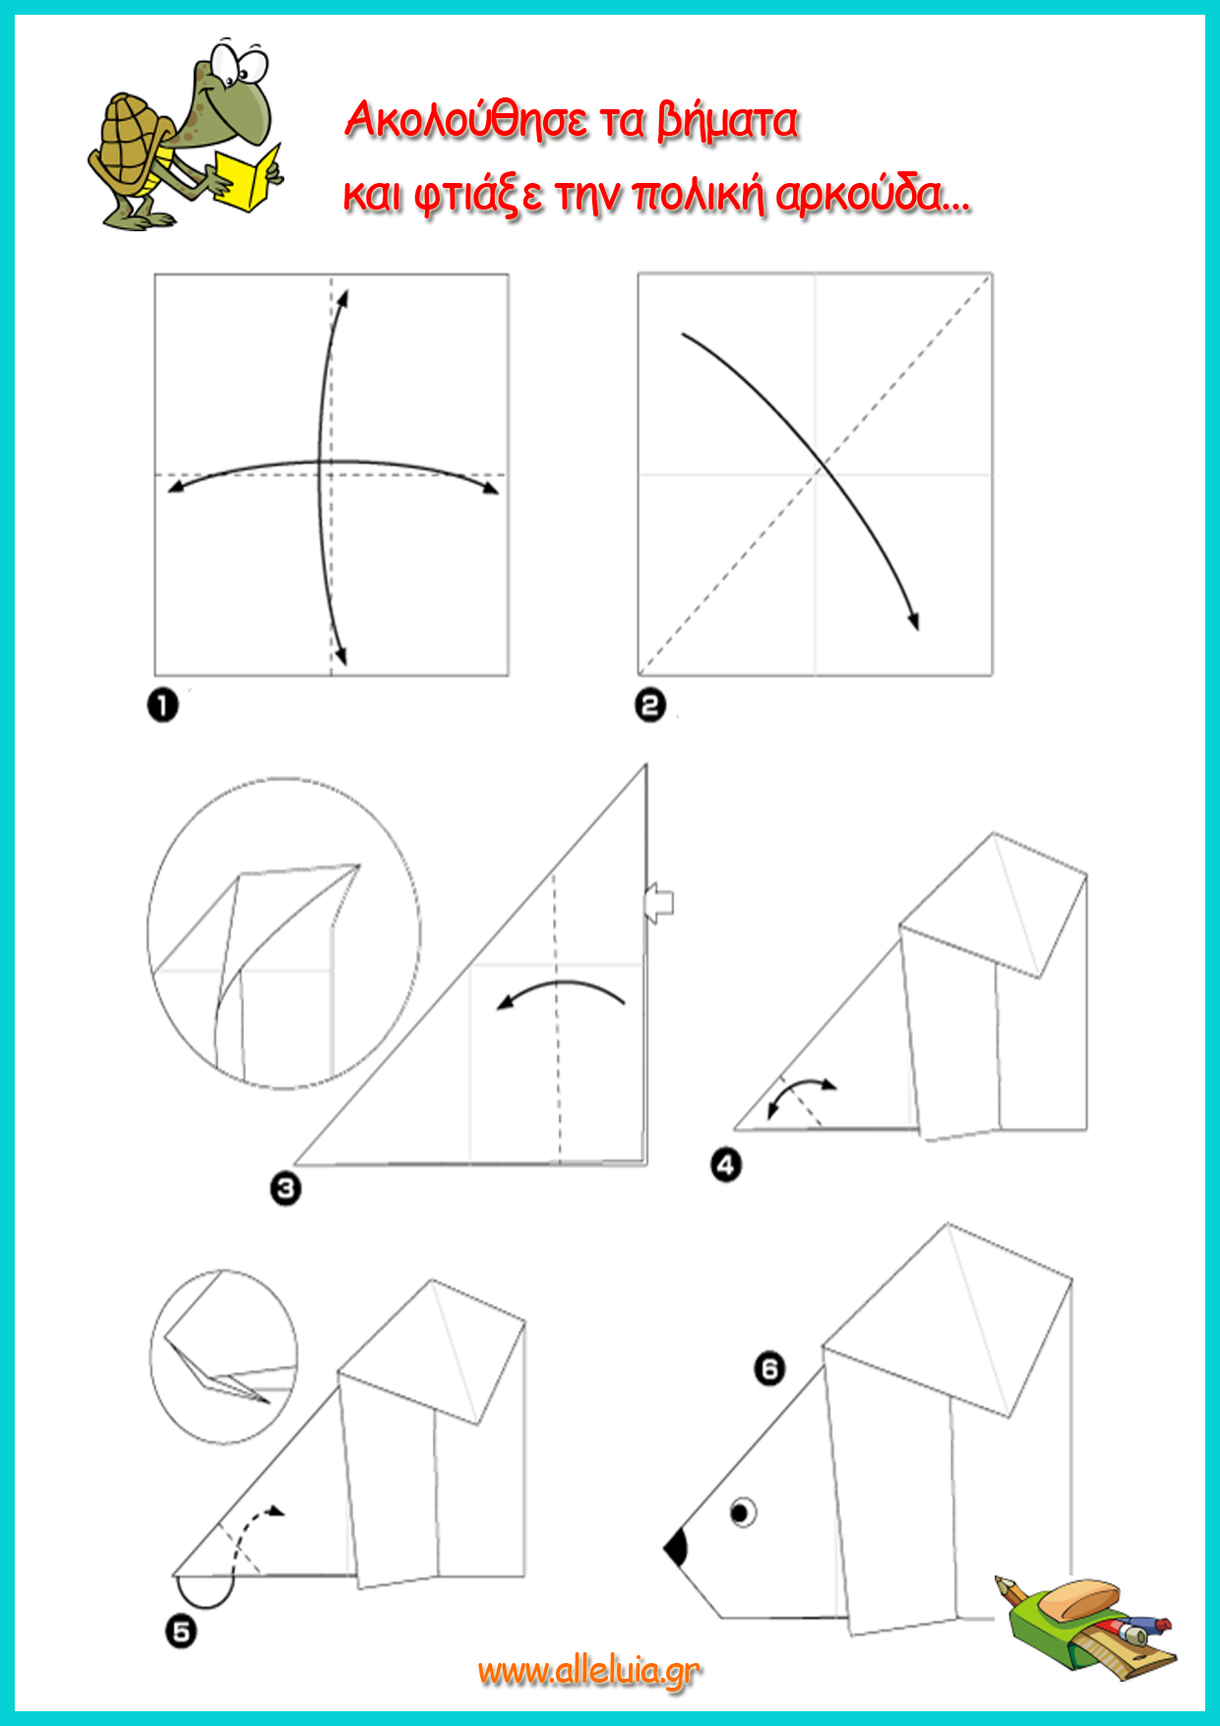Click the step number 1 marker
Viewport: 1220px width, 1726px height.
(163, 706)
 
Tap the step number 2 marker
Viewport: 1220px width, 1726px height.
(650, 705)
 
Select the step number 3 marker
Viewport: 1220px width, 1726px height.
(285, 1189)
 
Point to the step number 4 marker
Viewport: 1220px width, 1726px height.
(726, 1165)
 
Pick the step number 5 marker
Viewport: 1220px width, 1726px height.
(181, 1632)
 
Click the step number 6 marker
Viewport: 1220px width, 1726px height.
(769, 1368)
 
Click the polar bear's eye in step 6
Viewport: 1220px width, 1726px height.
(743, 1510)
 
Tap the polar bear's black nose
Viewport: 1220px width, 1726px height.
(677, 1548)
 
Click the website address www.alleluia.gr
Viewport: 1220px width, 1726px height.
(589, 1671)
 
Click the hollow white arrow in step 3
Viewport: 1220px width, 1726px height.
(658, 901)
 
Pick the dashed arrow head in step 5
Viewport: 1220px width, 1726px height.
(276, 1510)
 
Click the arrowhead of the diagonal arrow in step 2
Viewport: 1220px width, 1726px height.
(913, 620)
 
